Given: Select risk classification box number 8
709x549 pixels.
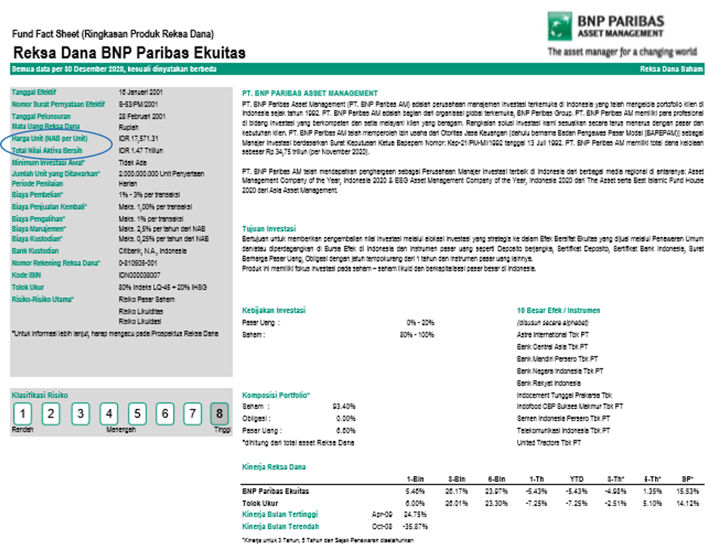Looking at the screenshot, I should tap(220, 414).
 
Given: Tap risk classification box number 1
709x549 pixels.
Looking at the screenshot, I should tap(23, 414).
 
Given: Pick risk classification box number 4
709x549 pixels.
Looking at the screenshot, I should tap(109, 414).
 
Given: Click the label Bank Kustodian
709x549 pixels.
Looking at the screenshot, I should tap(35, 250).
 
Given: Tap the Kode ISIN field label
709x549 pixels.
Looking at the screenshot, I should tap(26, 274).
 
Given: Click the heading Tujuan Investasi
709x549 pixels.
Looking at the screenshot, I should tap(269, 229).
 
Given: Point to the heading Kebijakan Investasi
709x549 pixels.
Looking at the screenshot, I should tap(273, 310).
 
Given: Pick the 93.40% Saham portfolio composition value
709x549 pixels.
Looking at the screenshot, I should tap(344, 406).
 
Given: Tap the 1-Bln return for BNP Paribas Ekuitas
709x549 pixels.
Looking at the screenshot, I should tap(415, 490).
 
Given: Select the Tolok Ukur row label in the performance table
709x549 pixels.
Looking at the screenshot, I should tap(259, 502).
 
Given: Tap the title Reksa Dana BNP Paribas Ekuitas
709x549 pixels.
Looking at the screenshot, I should tap(129, 53).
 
